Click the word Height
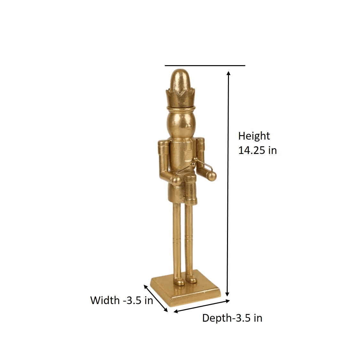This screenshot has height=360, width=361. point(254,136)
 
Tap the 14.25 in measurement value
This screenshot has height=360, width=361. point(257,150)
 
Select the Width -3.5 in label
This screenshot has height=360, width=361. point(122,300)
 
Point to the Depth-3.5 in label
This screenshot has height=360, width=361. point(232,318)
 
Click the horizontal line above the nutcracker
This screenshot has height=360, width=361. point(205,65)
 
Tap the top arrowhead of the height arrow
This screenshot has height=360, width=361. point(228,73)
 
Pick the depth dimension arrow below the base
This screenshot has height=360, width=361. point(202,306)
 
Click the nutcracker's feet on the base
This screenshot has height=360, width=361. point(185,280)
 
